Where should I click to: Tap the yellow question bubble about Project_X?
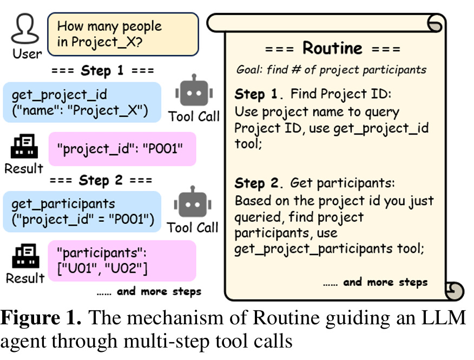coord(123,34)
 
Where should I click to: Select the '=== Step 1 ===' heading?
coord(102,71)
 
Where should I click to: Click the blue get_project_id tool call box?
coord(81,103)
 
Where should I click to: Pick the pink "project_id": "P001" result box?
coord(122,149)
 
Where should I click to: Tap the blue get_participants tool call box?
coord(81,211)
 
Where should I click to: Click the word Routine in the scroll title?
coord(332,49)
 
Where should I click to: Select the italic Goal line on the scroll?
coord(331,70)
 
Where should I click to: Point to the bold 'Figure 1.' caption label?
coord(41,318)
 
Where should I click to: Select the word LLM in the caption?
coord(443,318)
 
